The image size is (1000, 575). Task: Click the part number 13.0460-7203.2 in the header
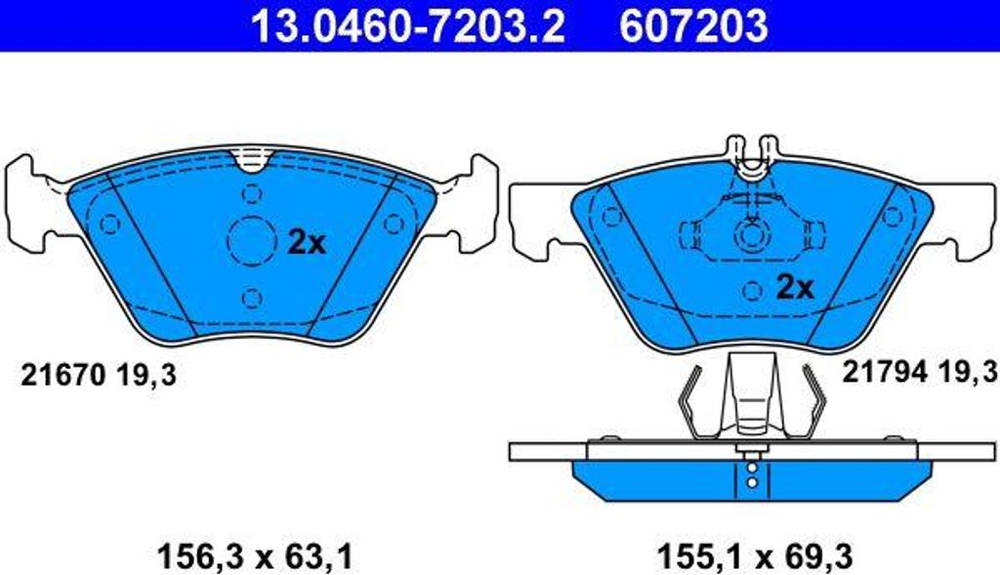coord(408,26)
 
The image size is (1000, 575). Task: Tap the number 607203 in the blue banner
coord(692,26)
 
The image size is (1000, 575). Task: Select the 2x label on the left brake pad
coord(307,242)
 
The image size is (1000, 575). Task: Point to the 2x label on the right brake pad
coord(795,287)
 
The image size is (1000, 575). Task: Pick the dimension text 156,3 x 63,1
coord(253,557)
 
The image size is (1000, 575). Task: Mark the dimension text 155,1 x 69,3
coord(755,557)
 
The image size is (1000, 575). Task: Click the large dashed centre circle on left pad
coord(251,238)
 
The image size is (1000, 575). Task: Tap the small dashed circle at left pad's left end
coord(109,225)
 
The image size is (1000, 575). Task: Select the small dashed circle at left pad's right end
coord(393,224)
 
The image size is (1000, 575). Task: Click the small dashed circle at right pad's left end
coord(612,217)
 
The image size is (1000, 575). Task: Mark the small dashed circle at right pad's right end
coord(891,216)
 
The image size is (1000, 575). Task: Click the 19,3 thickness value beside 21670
coord(147,374)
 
